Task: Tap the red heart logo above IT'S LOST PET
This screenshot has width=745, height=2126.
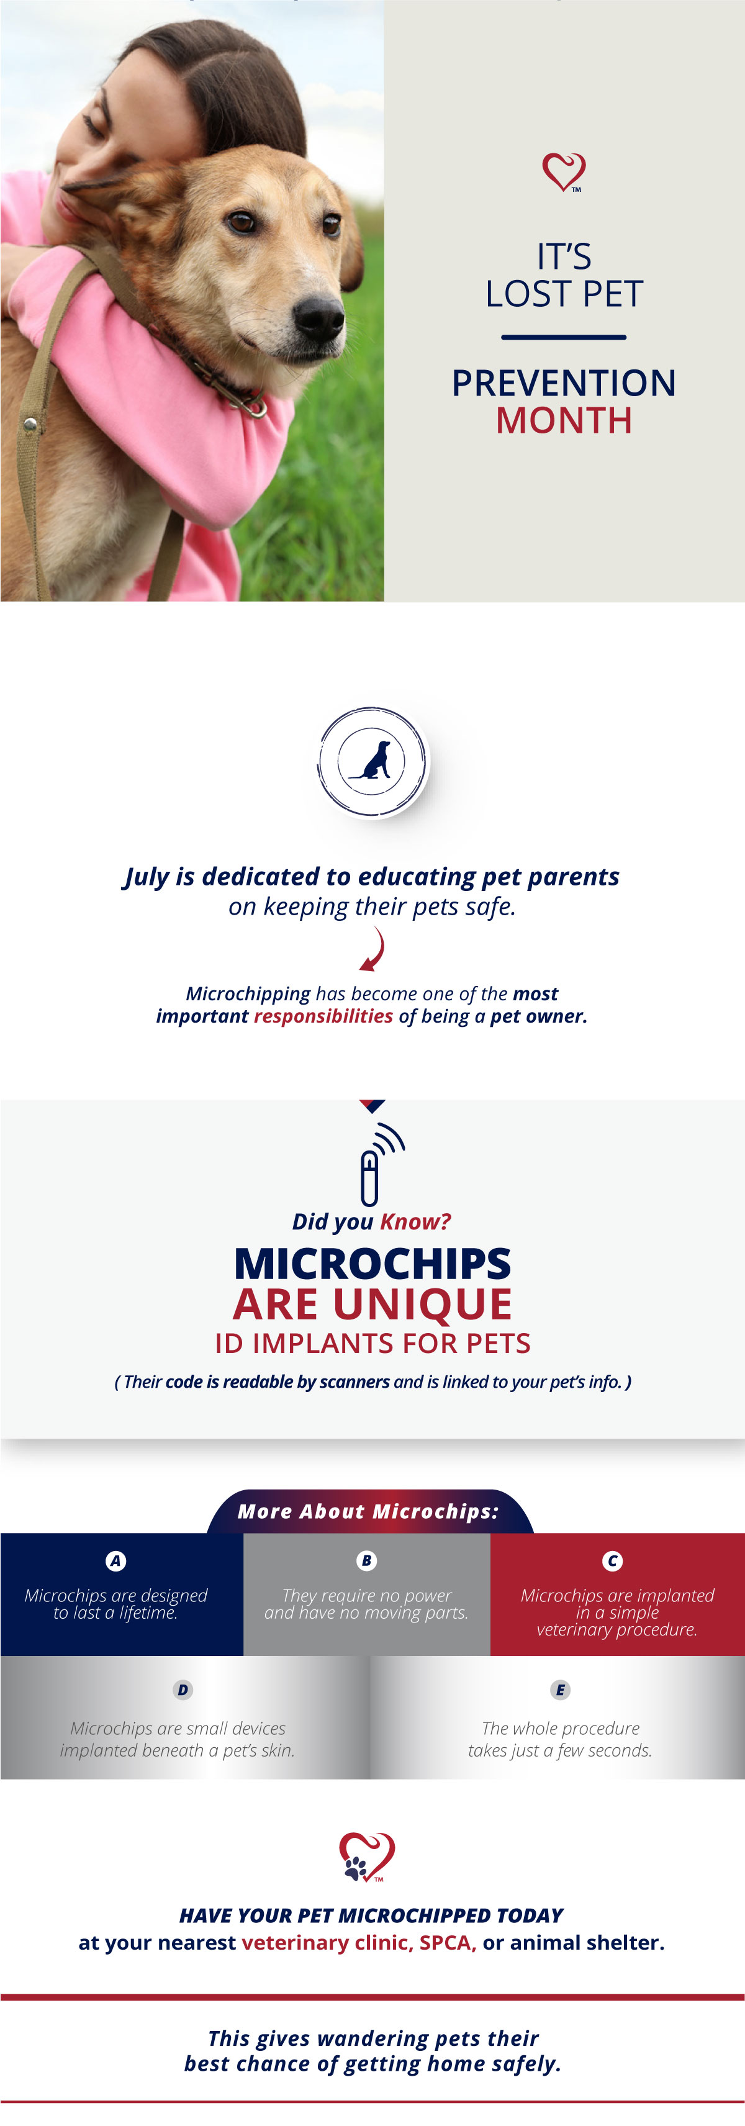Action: [x=564, y=171]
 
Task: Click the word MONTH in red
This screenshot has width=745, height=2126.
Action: [x=564, y=421]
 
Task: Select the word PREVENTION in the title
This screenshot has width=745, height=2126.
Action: [x=564, y=383]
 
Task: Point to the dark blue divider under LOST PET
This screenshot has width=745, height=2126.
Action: [x=564, y=337]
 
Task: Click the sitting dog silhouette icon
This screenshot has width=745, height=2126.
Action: [x=372, y=761]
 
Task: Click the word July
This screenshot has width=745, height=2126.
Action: [x=147, y=877]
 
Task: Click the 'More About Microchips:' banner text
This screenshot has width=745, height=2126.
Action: [x=368, y=1511]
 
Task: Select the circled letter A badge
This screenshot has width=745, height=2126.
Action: [x=115, y=1561]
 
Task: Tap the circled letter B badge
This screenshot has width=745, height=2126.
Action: [x=366, y=1561]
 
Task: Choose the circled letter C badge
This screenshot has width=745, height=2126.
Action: [x=612, y=1561]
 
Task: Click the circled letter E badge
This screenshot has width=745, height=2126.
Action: [x=560, y=1689]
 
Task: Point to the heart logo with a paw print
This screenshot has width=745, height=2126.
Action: [x=367, y=1857]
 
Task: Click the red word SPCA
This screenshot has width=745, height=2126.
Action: [x=447, y=1943]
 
